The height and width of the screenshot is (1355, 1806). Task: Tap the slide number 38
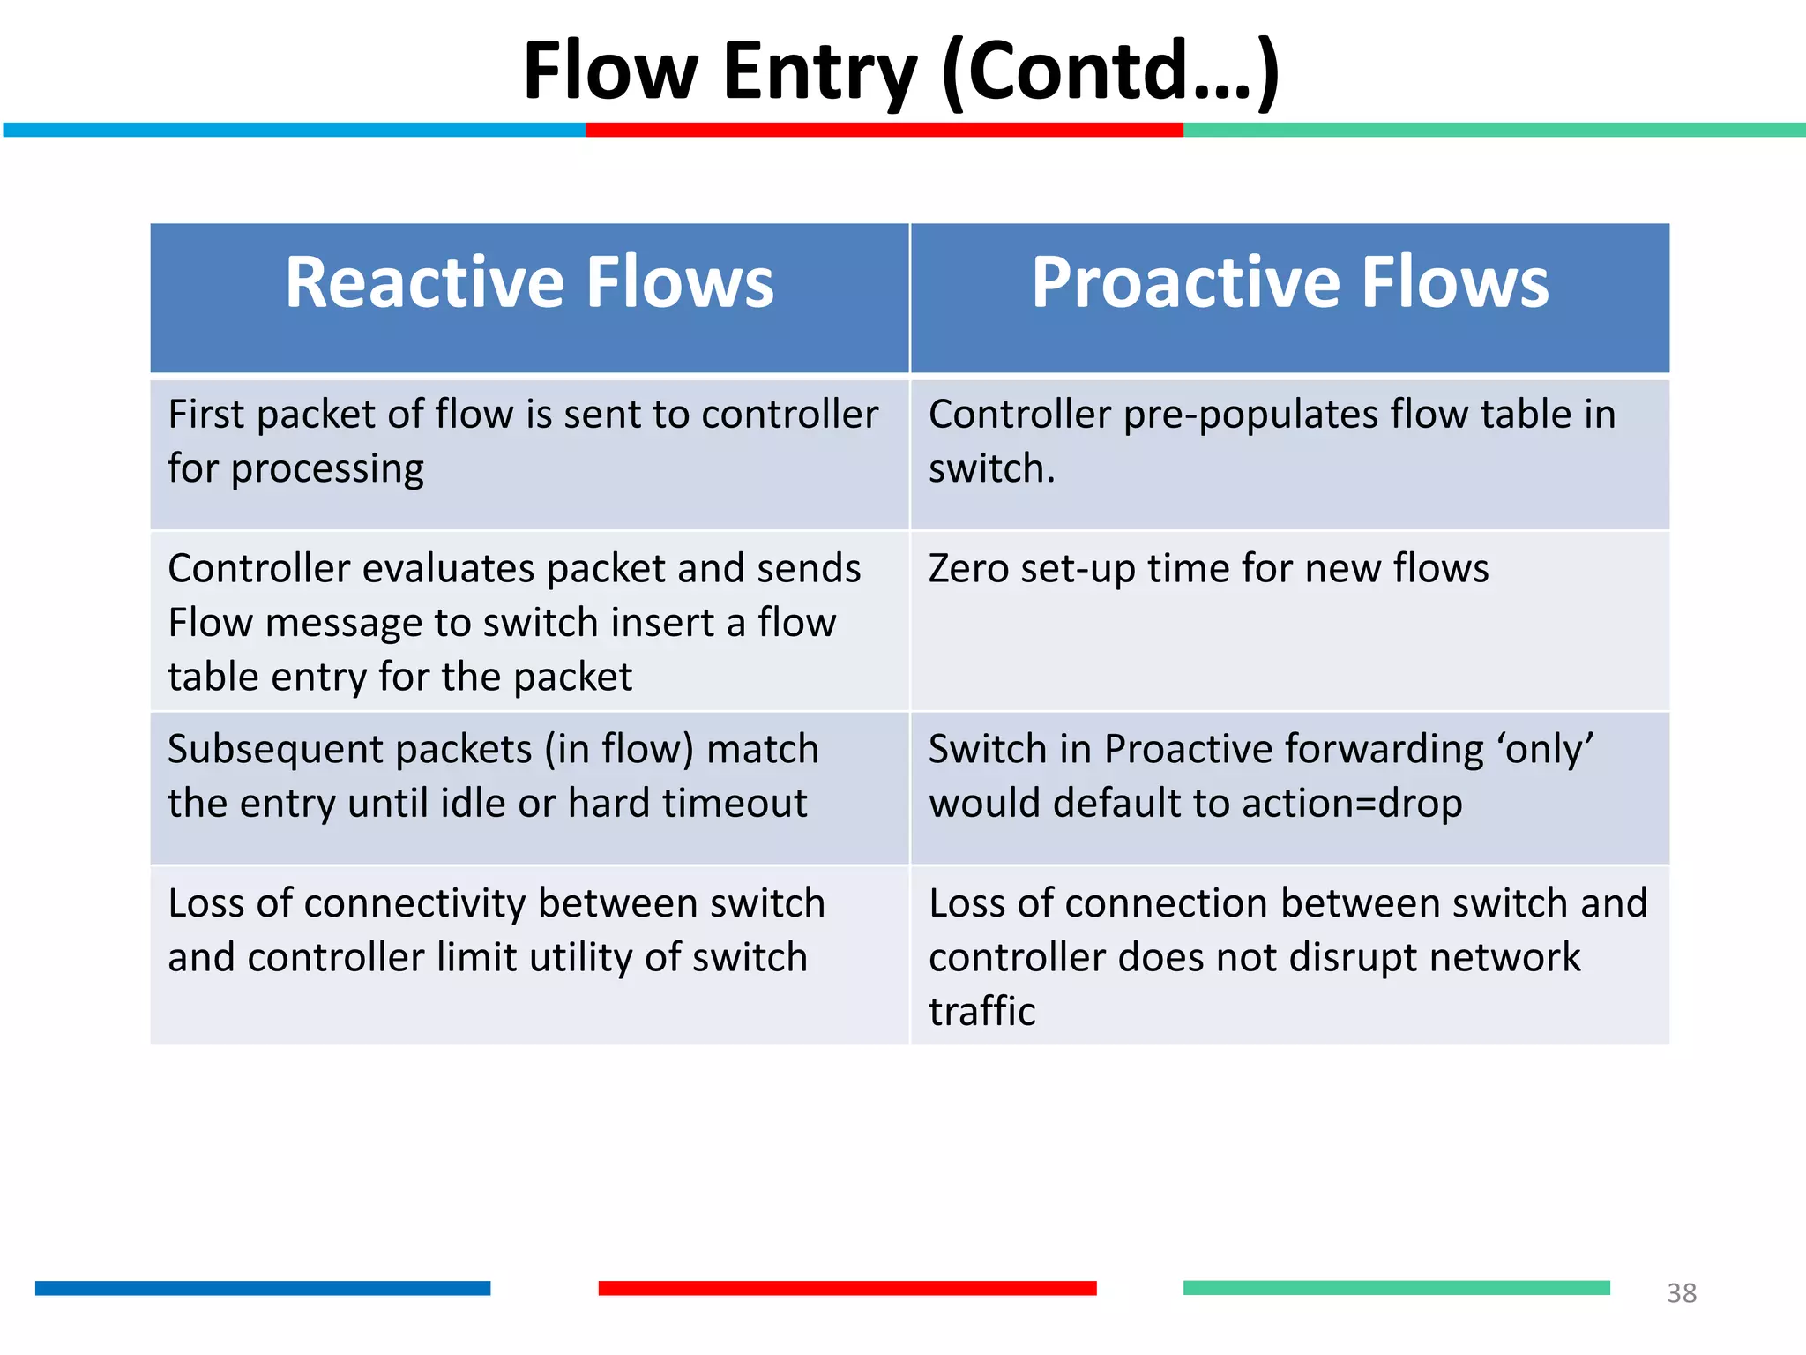[x=1681, y=1293]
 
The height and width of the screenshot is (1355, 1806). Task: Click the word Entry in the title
[x=820, y=72]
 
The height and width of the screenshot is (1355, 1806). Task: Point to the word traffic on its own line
[x=981, y=1012]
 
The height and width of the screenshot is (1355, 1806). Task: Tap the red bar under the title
[x=884, y=130]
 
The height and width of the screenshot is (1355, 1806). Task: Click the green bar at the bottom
[x=1396, y=1288]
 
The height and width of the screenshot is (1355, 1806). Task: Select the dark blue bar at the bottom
[x=263, y=1288]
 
